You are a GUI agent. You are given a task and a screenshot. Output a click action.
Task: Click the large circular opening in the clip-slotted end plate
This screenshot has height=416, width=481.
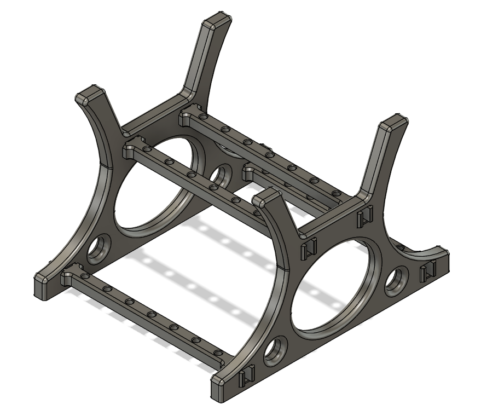click(x=335, y=285)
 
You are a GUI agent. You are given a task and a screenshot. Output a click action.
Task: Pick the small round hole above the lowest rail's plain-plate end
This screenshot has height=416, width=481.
click(x=101, y=249)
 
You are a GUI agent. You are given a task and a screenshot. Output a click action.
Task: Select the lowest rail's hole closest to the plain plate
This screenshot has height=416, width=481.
click(x=85, y=276)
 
